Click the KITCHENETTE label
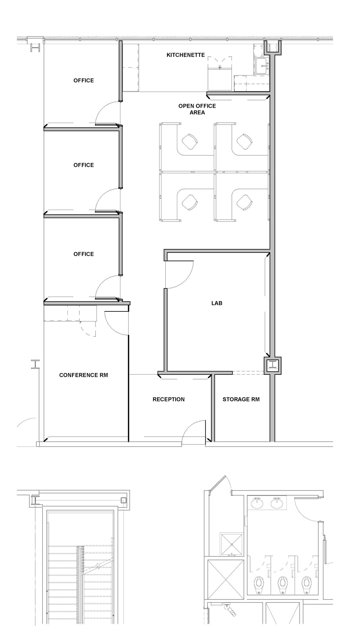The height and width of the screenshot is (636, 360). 186,55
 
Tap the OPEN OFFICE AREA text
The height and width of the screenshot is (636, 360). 197,109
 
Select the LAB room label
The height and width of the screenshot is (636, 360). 217,303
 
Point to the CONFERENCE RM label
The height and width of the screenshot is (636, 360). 83,375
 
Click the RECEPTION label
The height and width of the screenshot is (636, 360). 169,399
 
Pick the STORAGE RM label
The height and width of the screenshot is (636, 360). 241,399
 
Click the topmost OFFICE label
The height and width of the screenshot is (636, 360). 83,80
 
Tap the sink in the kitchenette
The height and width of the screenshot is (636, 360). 263,66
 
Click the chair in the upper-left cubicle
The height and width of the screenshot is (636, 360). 189,141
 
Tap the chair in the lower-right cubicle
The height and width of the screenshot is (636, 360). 244,202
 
